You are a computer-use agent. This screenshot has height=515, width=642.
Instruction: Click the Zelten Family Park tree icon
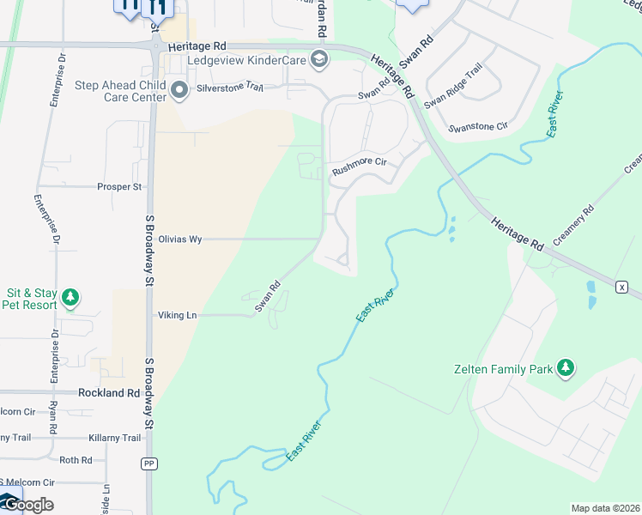[565, 368]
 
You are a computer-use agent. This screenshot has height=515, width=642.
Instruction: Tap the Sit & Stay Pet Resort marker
[70, 299]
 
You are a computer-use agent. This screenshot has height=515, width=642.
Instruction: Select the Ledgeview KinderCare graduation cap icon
[319, 59]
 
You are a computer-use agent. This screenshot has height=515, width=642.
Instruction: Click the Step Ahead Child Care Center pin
[179, 90]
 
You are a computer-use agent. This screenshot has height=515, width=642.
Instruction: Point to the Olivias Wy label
[180, 239]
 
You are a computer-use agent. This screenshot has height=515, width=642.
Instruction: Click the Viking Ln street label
[178, 315]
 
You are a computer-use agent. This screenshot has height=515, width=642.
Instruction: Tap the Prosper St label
[119, 186]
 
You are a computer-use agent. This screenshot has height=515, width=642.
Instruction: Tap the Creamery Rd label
[575, 224]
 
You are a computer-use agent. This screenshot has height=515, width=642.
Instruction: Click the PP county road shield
[149, 463]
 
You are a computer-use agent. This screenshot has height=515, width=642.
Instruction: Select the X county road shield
[622, 285]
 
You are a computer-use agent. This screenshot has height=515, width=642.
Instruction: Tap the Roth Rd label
[76, 460]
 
